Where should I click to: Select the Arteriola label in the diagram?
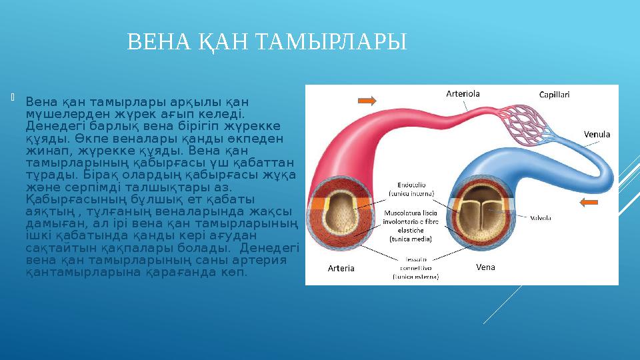click(x=463, y=94)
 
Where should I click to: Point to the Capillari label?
click(x=553, y=95)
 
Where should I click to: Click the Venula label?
click(x=597, y=134)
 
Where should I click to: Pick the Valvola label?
click(x=541, y=217)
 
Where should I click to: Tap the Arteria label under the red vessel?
click(x=341, y=269)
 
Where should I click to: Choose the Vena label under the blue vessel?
click(x=485, y=267)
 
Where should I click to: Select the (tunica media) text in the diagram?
click(x=411, y=238)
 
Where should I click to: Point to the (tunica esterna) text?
click(x=415, y=275)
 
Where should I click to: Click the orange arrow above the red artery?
click(x=367, y=101)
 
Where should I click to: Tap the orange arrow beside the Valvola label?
click(x=591, y=203)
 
